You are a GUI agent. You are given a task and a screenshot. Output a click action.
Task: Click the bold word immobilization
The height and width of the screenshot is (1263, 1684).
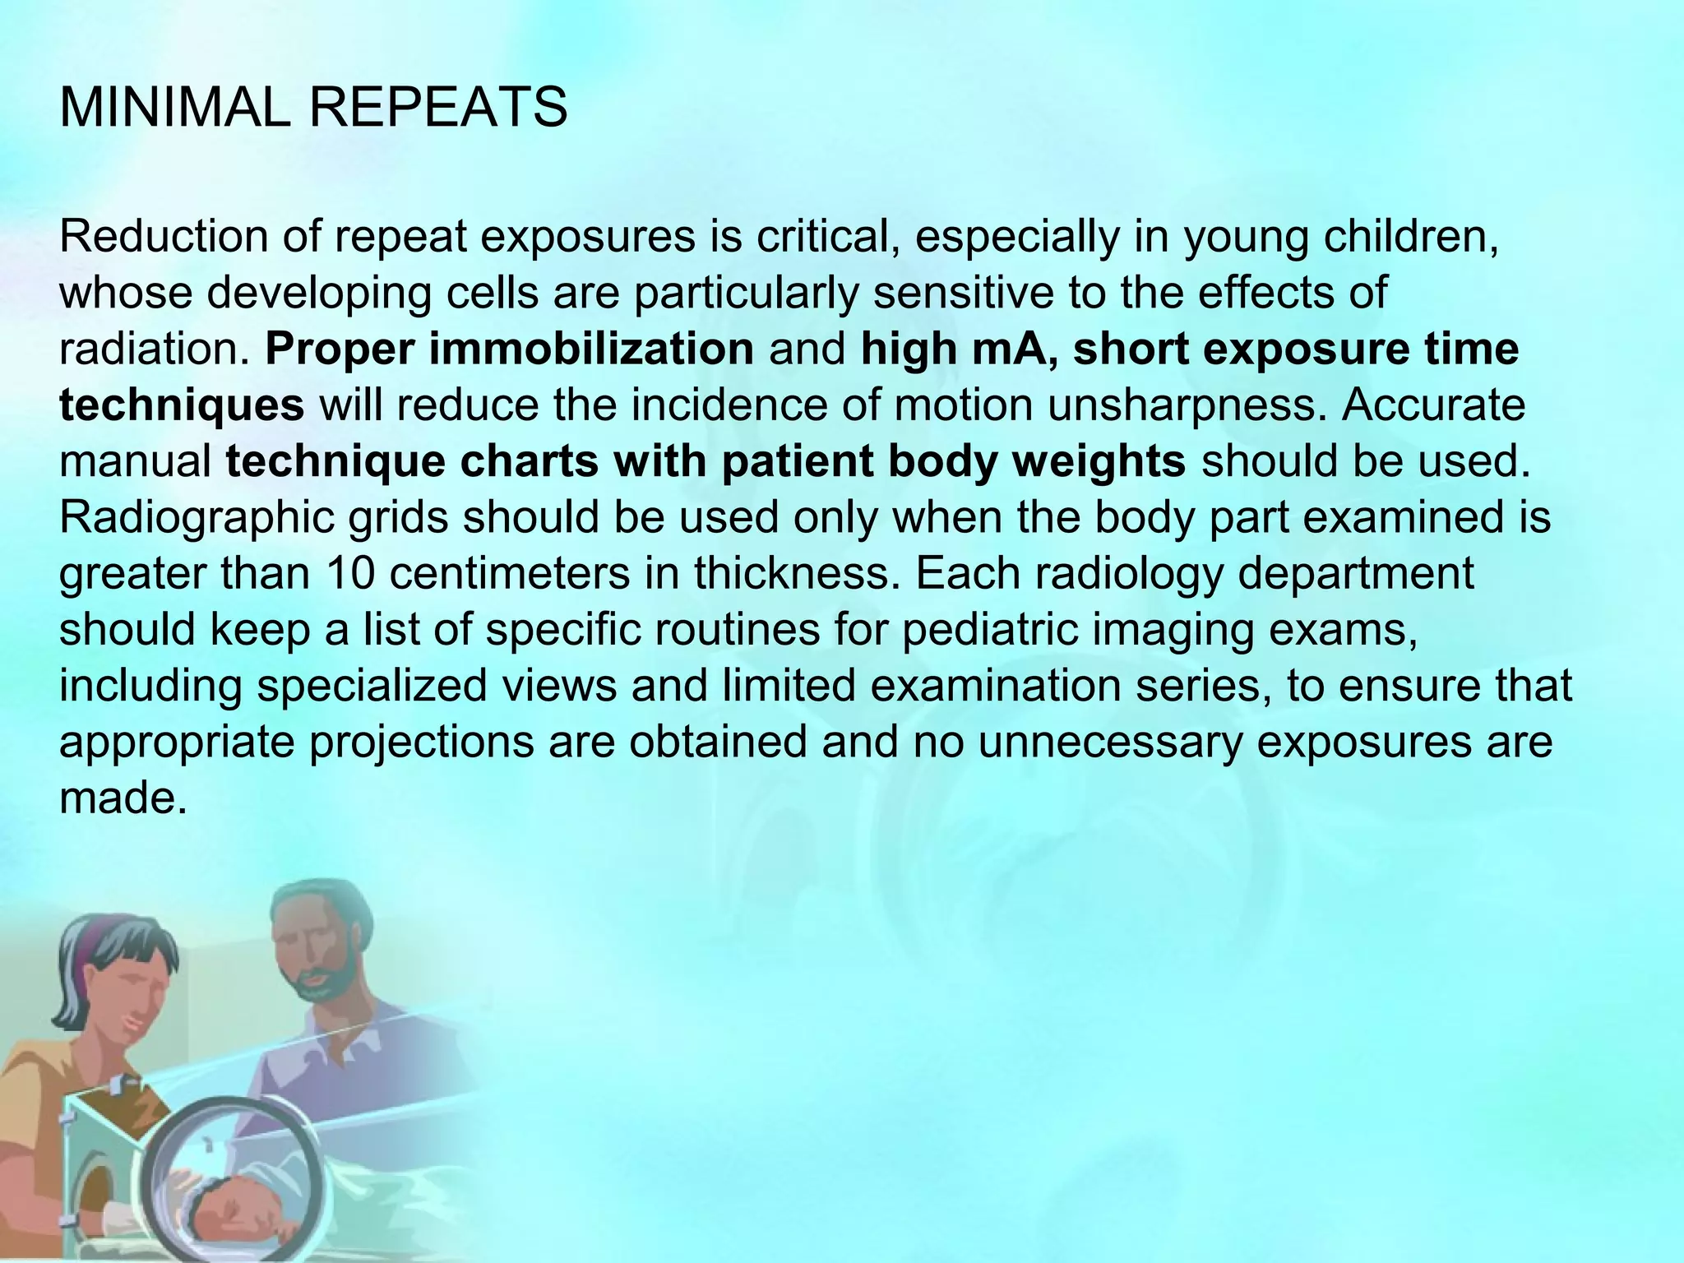(590, 349)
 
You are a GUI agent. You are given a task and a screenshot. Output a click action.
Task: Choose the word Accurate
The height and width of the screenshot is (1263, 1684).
(1433, 405)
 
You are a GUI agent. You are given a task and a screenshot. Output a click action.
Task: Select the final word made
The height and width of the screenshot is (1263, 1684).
(118, 798)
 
